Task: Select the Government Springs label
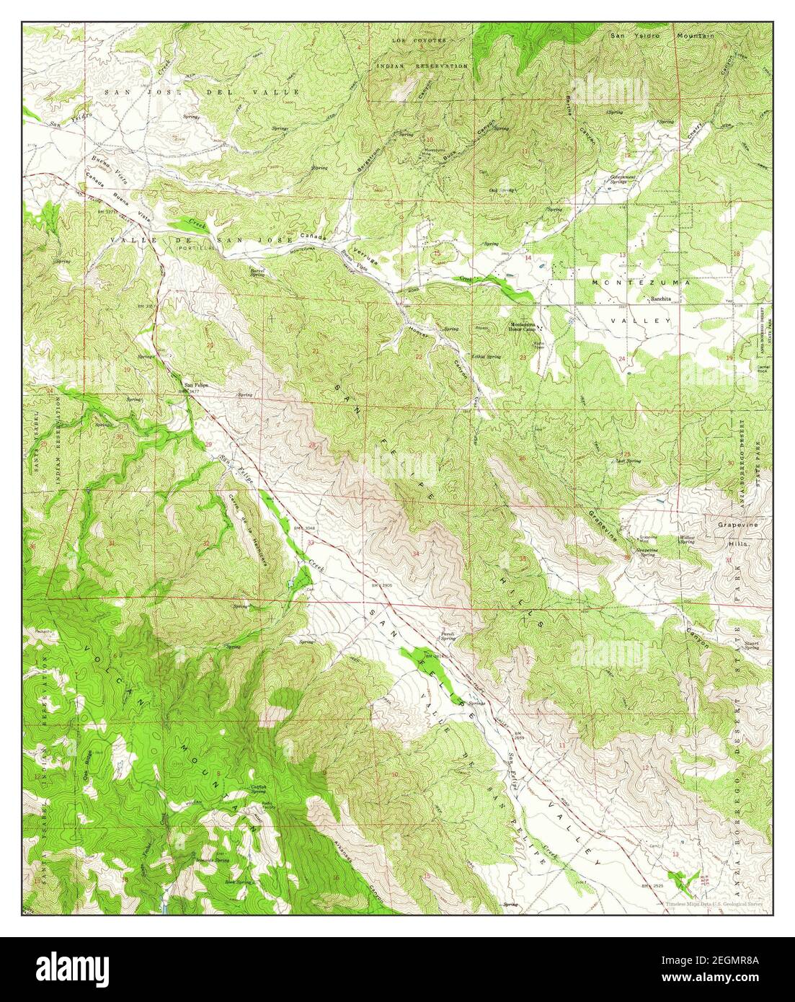tap(623, 178)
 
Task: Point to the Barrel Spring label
tap(258, 272)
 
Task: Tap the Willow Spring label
tap(686, 539)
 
